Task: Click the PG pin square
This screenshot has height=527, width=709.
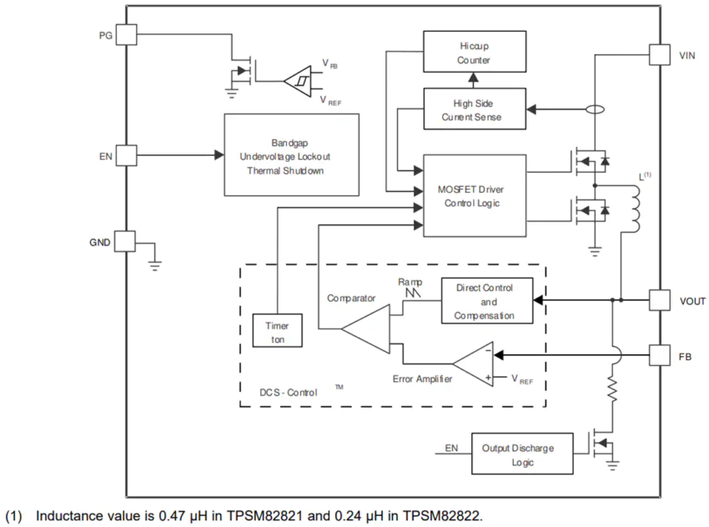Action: (x=126, y=34)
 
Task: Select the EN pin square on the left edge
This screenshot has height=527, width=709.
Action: (x=126, y=155)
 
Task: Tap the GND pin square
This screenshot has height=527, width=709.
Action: (x=125, y=241)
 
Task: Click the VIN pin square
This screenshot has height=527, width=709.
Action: (x=660, y=55)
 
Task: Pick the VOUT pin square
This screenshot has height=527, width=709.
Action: (x=660, y=300)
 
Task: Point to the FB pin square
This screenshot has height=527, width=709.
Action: (x=660, y=355)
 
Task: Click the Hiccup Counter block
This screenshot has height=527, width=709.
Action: (x=475, y=52)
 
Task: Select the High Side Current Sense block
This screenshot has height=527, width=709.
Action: (x=475, y=109)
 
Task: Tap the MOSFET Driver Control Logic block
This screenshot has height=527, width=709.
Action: (x=475, y=196)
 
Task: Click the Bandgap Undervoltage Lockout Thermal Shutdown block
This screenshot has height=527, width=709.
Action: (x=292, y=155)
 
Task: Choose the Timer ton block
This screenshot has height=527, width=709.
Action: (x=277, y=330)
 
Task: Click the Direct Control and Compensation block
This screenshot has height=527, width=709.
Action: (x=487, y=300)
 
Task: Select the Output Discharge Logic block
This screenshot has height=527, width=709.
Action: (x=522, y=454)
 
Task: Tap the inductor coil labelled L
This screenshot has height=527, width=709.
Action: (x=635, y=208)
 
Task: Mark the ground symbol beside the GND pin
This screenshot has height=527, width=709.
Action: (x=154, y=265)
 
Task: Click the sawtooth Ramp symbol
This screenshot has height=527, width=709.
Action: (x=413, y=293)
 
